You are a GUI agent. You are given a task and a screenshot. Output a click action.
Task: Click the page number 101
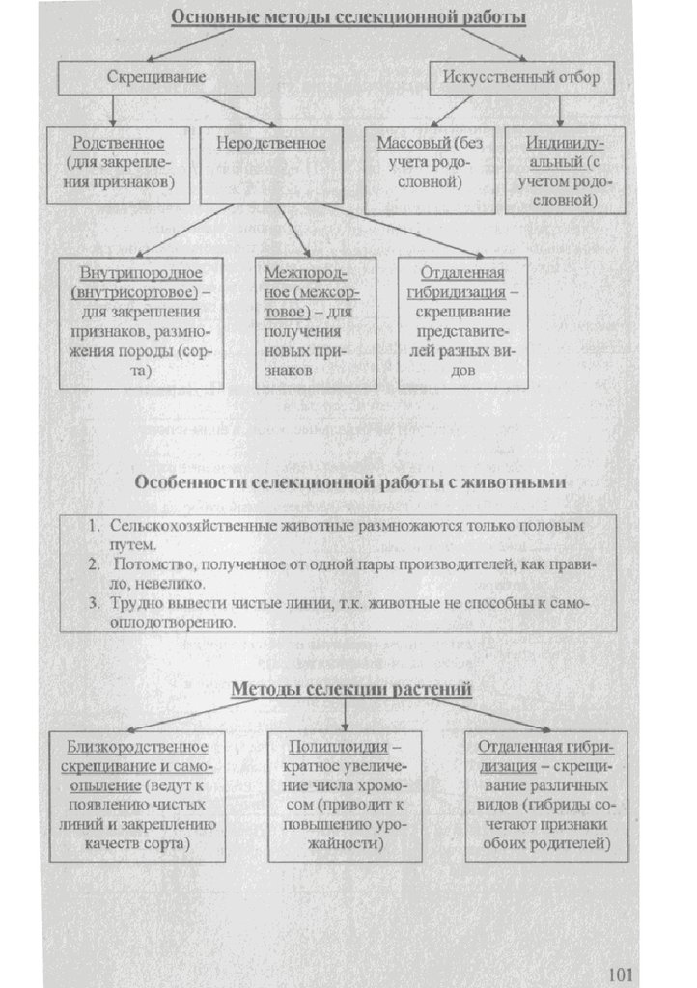pyautogui.click(x=622, y=969)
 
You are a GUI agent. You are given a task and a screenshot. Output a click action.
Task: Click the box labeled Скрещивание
pyautogui.click(x=156, y=77)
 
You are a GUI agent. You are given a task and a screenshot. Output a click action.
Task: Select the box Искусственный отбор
pyautogui.click(x=520, y=77)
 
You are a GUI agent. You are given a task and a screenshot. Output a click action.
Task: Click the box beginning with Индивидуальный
pyautogui.click(x=565, y=171)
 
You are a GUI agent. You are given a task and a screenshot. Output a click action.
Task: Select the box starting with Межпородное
pyautogui.click(x=315, y=322)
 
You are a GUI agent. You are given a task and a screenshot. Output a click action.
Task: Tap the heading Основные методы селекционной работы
pyautogui.click(x=348, y=17)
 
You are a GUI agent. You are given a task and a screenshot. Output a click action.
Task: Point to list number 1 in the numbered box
pyautogui.click(x=95, y=527)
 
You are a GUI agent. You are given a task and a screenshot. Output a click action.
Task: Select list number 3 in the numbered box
pyautogui.click(x=95, y=604)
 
